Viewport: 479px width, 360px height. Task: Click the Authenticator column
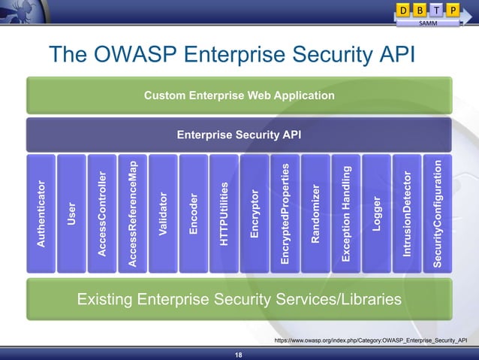(41, 214)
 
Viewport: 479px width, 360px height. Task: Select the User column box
(71, 214)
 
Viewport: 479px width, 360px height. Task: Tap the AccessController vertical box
(102, 214)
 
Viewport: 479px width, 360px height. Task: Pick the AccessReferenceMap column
(133, 214)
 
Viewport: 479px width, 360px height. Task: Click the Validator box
(163, 214)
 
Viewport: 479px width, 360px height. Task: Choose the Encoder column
(194, 214)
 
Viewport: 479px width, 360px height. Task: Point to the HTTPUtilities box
(224, 214)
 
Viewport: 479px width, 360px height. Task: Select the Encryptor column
(255, 214)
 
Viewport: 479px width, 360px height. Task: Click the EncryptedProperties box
(285, 214)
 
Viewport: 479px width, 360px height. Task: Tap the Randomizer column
(315, 214)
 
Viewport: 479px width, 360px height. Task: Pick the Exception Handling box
(346, 214)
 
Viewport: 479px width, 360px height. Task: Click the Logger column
(377, 214)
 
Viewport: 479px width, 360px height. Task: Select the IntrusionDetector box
(407, 214)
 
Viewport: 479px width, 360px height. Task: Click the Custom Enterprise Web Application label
(239, 95)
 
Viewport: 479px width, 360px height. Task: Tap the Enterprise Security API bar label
(239, 135)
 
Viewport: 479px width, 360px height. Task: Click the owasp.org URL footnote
(371, 340)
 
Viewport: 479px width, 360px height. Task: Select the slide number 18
(239, 355)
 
